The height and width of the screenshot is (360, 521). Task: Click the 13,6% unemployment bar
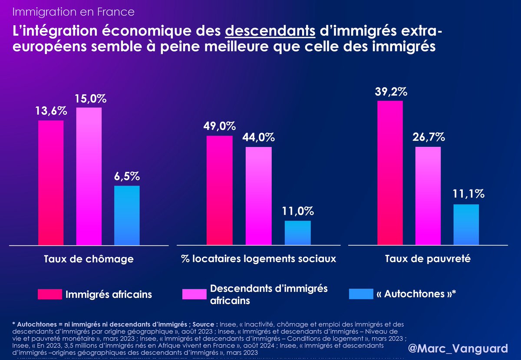(51, 183)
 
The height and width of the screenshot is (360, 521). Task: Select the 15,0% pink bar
(89, 176)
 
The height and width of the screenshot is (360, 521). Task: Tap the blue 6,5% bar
(127, 215)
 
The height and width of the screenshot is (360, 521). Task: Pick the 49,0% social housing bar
(220, 190)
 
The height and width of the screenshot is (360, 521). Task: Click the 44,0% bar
(259, 196)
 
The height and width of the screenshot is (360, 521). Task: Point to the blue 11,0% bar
(298, 233)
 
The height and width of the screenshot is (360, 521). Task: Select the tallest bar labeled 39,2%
(390, 173)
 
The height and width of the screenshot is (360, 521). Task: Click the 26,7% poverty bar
(428, 196)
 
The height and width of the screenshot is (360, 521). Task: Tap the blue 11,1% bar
(466, 225)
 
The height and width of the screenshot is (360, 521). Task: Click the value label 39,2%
(391, 92)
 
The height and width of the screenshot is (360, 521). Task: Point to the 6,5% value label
(127, 177)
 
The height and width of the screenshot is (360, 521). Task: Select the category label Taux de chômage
(89, 259)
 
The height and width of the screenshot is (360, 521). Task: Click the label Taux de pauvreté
(428, 259)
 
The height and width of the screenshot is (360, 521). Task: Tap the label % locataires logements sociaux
(259, 259)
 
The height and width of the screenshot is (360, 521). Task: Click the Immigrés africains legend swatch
(50, 294)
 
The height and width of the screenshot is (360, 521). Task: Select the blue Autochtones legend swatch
(361, 294)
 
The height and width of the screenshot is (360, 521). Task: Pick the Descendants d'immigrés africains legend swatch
(195, 294)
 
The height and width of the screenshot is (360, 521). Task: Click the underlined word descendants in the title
(270, 31)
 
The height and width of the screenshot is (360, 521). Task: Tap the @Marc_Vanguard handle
(458, 348)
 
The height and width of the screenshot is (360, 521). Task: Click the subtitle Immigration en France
(73, 12)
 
